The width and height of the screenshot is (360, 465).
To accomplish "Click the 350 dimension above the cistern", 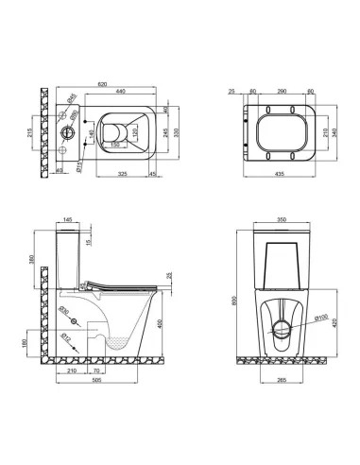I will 275,219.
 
